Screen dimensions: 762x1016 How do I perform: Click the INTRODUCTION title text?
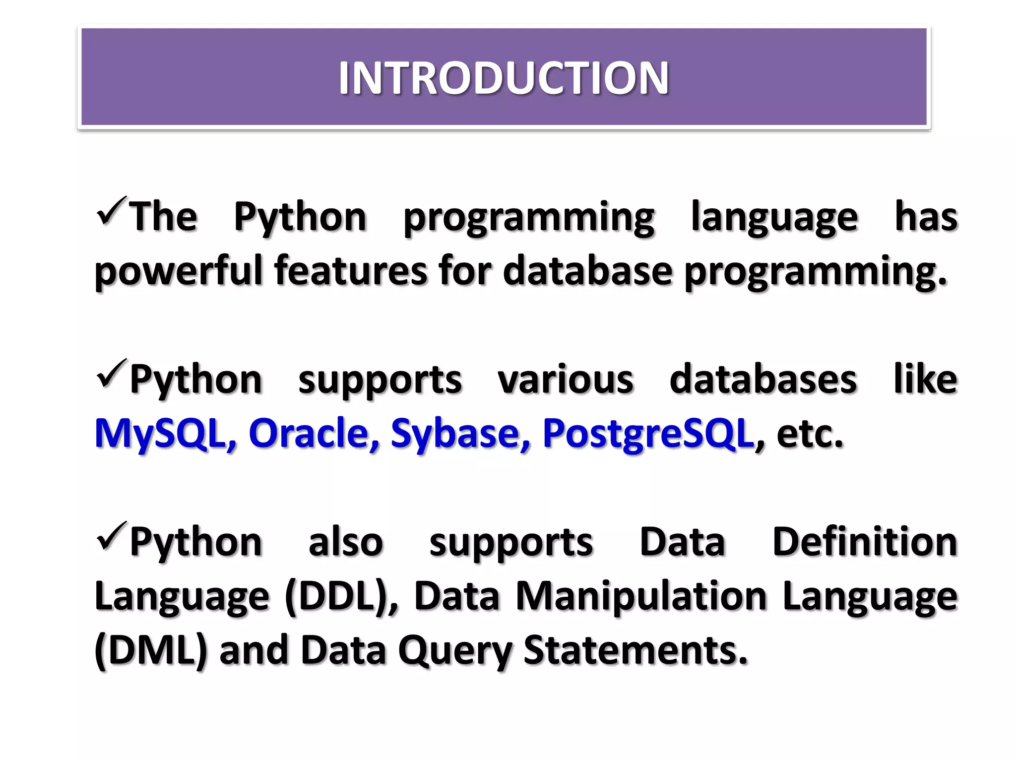tap(504, 78)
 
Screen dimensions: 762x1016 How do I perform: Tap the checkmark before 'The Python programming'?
tap(112, 211)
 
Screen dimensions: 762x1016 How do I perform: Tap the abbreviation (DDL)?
tap(341, 597)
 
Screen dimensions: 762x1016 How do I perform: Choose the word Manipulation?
tap(641, 597)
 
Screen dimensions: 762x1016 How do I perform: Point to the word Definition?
tap(865, 542)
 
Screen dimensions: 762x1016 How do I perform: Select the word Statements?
tap(635, 650)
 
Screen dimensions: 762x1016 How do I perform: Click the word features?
tap(350, 270)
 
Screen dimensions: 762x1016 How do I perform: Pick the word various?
tap(566, 380)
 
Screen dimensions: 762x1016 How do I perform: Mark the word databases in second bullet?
tap(763, 380)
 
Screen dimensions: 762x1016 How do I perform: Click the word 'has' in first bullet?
tap(926, 217)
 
